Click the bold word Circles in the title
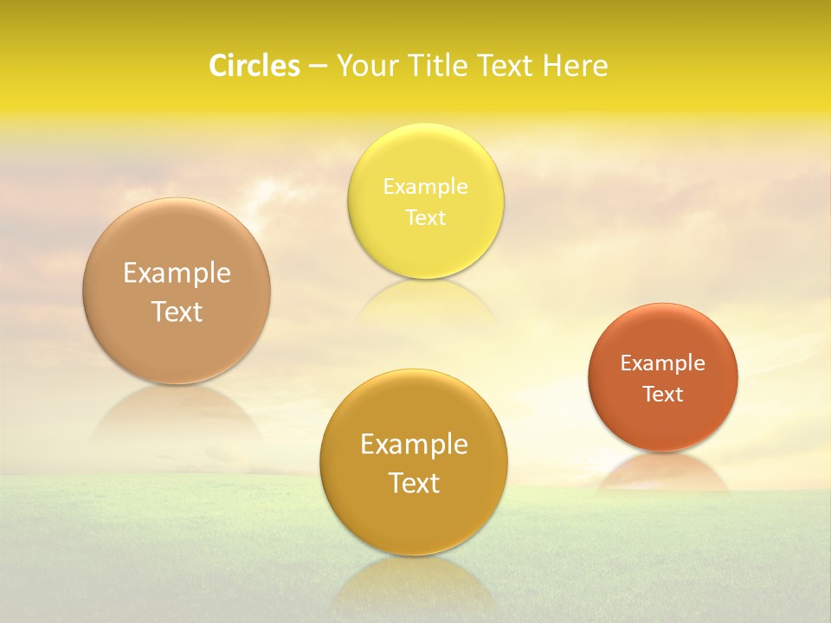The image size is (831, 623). (254, 66)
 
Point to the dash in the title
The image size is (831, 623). (317, 67)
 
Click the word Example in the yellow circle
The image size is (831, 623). (425, 187)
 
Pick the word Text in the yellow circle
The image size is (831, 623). (425, 218)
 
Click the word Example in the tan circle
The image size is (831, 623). (177, 273)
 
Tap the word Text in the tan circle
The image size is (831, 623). (177, 311)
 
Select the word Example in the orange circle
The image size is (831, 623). (663, 363)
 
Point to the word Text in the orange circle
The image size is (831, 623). (663, 395)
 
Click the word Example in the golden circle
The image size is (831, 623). (414, 445)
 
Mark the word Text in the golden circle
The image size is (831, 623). (414, 483)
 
